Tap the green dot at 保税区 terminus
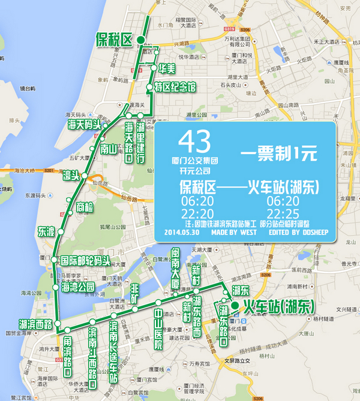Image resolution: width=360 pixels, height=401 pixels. (140, 40)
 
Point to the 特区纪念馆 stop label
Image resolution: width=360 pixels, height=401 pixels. (175, 88)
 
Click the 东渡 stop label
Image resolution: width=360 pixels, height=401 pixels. (46, 231)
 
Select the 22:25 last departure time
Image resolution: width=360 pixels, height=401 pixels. (283, 214)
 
